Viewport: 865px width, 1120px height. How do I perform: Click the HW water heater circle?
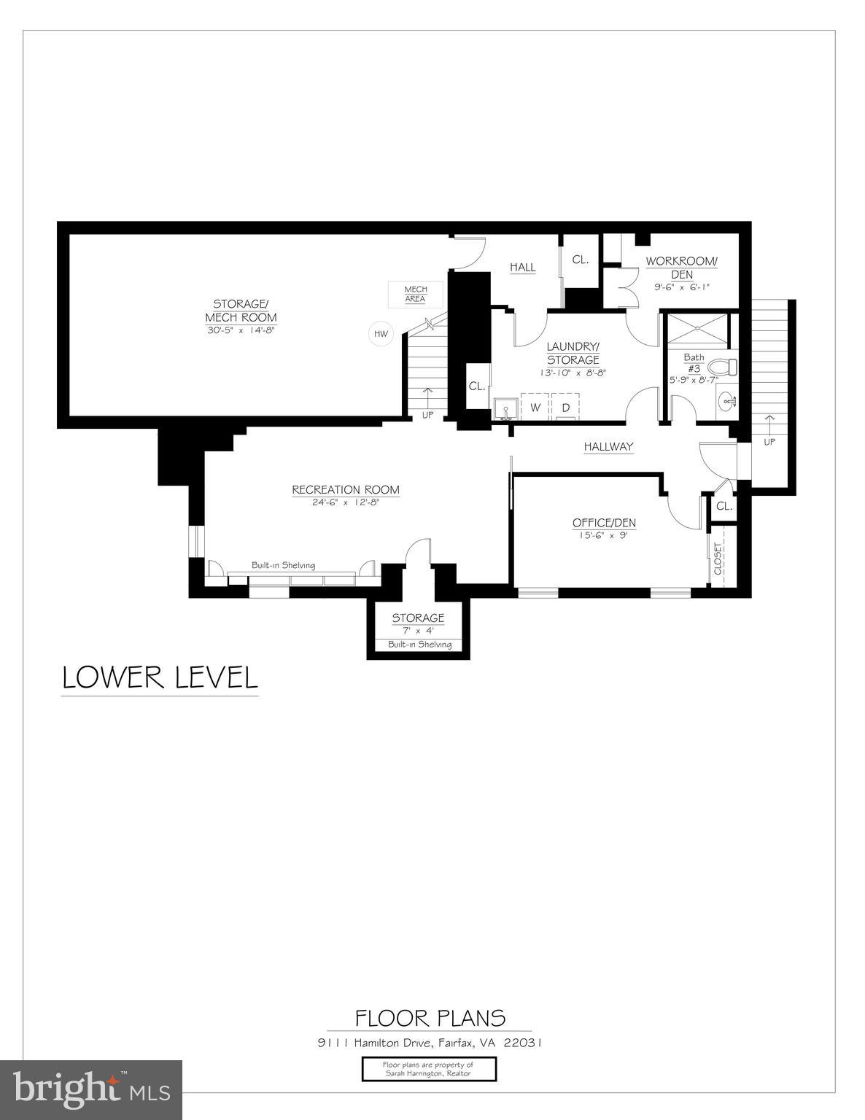click(x=380, y=334)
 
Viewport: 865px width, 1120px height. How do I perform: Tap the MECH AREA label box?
click(x=416, y=294)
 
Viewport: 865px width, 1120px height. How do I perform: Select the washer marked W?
click(x=535, y=408)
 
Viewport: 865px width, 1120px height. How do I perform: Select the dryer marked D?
click(x=565, y=408)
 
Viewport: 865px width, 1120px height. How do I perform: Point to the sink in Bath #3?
click(x=726, y=400)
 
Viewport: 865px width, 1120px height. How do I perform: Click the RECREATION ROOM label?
click(x=346, y=490)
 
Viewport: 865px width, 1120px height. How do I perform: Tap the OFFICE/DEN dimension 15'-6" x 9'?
click(x=604, y=534)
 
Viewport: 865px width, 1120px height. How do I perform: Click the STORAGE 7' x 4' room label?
click(x=418, y=618)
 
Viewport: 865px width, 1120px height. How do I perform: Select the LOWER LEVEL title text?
click(x=160, y=677)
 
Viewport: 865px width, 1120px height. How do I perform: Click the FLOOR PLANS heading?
click(x=430, y=1018)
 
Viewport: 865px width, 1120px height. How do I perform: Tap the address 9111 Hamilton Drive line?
click(x=430, y=1043)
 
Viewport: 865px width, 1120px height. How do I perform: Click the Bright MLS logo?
click(x=91, y=1089)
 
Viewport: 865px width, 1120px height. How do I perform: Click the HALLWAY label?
click(x=608, y=446)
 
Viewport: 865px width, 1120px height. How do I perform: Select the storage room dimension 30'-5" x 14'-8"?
click(x=241, y=330)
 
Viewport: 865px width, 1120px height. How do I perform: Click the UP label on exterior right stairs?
click(x=769, y=442)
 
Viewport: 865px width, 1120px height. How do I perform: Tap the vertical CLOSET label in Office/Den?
click(x=718, y=559)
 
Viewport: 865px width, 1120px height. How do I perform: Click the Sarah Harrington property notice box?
click(x=429, y=1069)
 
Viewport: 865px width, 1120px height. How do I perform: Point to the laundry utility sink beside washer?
click(x=505, y=408)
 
